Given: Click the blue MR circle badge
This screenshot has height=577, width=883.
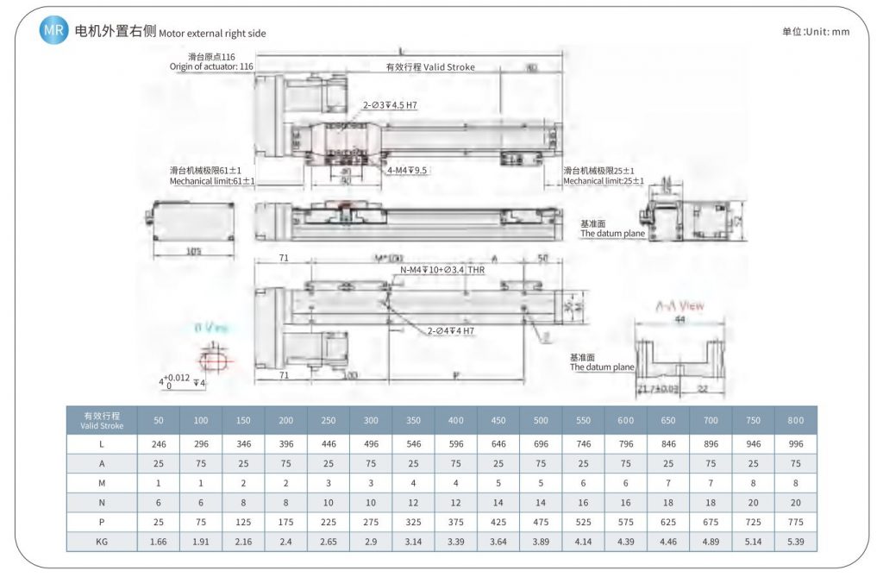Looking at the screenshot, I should tap(54, 31).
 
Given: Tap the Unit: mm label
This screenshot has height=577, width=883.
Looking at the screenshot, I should tap(816, 32).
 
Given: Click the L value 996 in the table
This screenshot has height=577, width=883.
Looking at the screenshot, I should tap(795, 444).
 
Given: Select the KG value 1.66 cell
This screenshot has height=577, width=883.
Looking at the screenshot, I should tap(159, 541).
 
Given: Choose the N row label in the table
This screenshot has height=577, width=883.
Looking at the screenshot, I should tap(102, 501).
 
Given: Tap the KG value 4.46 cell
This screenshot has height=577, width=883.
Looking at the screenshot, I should tap(667, 541).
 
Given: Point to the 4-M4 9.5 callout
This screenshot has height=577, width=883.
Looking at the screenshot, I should tap(408, 170).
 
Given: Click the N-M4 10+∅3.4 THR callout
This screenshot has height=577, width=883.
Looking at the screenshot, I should tap(442, 270).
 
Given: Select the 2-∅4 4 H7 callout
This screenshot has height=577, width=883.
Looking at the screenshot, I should tap(450, 330).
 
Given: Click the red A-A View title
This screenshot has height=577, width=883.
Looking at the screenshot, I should tap(679, 306).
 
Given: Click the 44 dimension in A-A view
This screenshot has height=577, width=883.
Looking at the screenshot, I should tap(680, 319).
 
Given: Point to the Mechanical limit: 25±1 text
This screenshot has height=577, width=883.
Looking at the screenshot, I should tap(604, 181).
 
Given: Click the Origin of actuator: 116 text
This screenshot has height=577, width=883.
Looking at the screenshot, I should tap(210, 66).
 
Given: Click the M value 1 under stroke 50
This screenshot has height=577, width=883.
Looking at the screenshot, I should tap(159, 483).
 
